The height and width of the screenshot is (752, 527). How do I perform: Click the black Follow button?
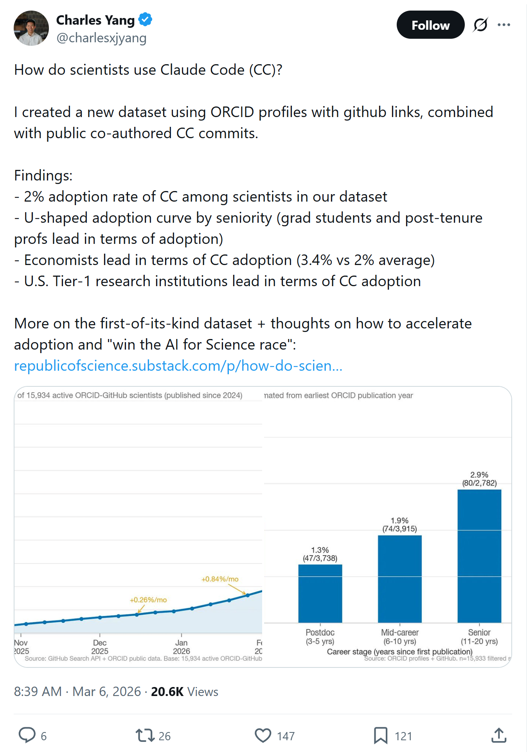tap(430, 25)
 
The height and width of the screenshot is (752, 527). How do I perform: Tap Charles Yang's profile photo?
tap(31, 28)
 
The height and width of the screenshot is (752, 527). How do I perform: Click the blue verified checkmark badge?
tap(145, 19)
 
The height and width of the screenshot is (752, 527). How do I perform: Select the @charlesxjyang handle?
tap(101, 38)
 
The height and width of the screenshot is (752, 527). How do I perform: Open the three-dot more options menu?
tap(504, 25)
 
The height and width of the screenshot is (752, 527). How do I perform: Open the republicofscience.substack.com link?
tap(178, 366)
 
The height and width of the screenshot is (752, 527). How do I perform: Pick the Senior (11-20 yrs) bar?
tap(479, 556)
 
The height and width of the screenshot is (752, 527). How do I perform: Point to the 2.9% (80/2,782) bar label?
tap(479, 479)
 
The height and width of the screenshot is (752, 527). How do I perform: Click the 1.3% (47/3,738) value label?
tap(320, 554)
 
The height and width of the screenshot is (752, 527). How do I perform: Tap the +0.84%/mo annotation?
tap(220, 579)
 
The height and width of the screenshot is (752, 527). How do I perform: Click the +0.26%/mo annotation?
tap(148, 600)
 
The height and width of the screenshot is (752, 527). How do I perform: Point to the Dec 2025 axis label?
tap(100, 647)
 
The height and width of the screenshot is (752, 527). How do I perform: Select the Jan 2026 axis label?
tap(182, 647)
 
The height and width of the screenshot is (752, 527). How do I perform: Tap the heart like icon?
tap(263, 736)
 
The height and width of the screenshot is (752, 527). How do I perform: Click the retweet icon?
tap(145, 736)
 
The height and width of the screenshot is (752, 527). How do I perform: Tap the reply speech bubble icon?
tap(27, 735)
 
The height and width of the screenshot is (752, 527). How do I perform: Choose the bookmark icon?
tap(380, 736)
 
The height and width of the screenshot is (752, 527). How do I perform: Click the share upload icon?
tap(499, 736)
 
